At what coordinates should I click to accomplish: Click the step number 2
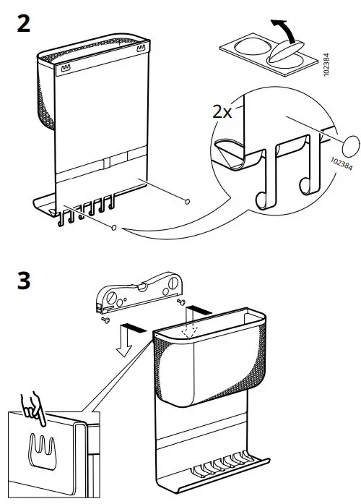(x=23, y=24)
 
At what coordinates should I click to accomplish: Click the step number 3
(x=23, y=281)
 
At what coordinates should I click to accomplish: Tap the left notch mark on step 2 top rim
(x=66, y=70)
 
